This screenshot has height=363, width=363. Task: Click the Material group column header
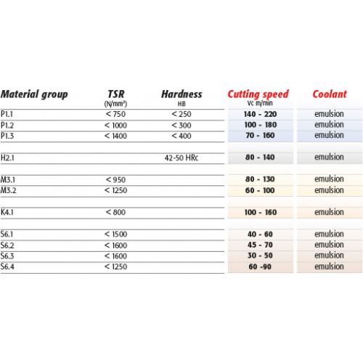34,94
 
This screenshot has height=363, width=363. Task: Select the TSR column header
116,94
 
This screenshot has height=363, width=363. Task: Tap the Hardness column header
181,94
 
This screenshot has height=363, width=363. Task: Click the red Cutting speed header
258,94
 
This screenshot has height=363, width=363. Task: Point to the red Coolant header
329,94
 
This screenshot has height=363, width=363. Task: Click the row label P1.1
8,114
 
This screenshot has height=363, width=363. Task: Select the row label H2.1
9,157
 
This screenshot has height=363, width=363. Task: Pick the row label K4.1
9,212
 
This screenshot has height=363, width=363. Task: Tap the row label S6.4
9,266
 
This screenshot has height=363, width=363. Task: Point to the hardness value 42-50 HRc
181,157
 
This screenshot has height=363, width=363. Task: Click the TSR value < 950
115,179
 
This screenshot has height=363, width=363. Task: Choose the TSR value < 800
115,212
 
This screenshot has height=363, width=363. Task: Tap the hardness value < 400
181,135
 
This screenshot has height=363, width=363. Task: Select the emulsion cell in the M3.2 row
329,190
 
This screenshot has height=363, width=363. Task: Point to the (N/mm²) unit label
116,104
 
